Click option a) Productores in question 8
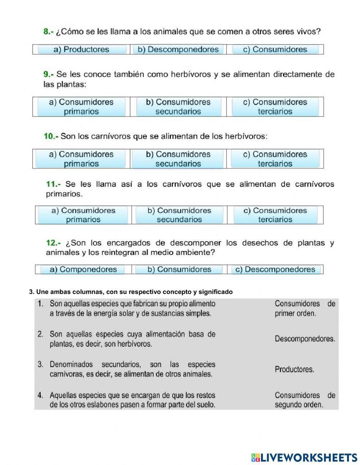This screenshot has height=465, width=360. click(x=81, y=50)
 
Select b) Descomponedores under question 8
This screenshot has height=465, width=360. click(x=178, y=50)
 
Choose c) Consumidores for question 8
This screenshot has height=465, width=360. click(x=275, y=50)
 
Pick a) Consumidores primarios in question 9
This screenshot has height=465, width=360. click(x=81, y=107)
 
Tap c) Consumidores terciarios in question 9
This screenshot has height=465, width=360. click(x=275, y=107)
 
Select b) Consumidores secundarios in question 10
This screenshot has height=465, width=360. click(x=178, y=159)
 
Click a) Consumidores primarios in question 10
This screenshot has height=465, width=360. click(x=81, y=159)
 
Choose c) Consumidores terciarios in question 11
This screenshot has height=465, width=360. click(x=275, y=215)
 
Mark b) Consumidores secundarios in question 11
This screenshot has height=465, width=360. click(x=179, y=215)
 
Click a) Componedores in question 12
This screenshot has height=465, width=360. click(x=83, y=269)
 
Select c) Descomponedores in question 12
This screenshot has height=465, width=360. click(x=275, y=269)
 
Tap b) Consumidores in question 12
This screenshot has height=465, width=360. click(x=179, y=269)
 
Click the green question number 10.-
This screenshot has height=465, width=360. click(x=51, y=137)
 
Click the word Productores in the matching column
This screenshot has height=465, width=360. click(x=294, y=369)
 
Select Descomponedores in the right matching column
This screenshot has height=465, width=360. click(x=305, y=339)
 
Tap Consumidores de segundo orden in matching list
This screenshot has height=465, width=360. click(x=305, y=400)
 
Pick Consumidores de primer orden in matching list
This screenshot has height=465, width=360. click(x=305, y=308)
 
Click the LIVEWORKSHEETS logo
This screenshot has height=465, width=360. click(x=304, y=457)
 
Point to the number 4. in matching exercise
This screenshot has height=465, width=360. click(x=41, y=395)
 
